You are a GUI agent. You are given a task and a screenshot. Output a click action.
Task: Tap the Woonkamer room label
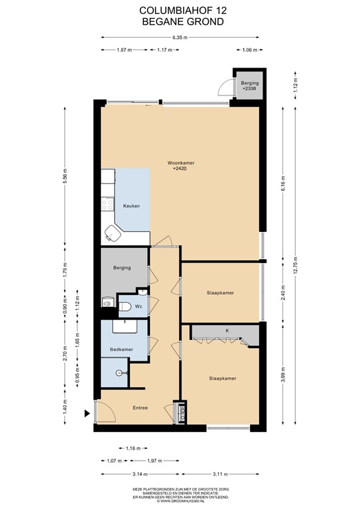(180, 165)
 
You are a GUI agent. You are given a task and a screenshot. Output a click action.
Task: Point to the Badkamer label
(121, 349)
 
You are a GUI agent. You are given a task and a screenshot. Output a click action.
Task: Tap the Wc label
(139, 307)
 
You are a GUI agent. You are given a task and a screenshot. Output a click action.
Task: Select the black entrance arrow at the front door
(86, 414)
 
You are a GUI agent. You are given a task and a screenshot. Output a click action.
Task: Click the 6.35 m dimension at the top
(180, 37)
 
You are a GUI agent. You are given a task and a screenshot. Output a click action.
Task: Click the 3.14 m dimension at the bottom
(121, 475)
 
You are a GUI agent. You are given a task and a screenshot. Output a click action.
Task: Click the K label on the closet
(226, 329)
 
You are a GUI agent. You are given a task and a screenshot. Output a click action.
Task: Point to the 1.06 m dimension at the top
(249, 50)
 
